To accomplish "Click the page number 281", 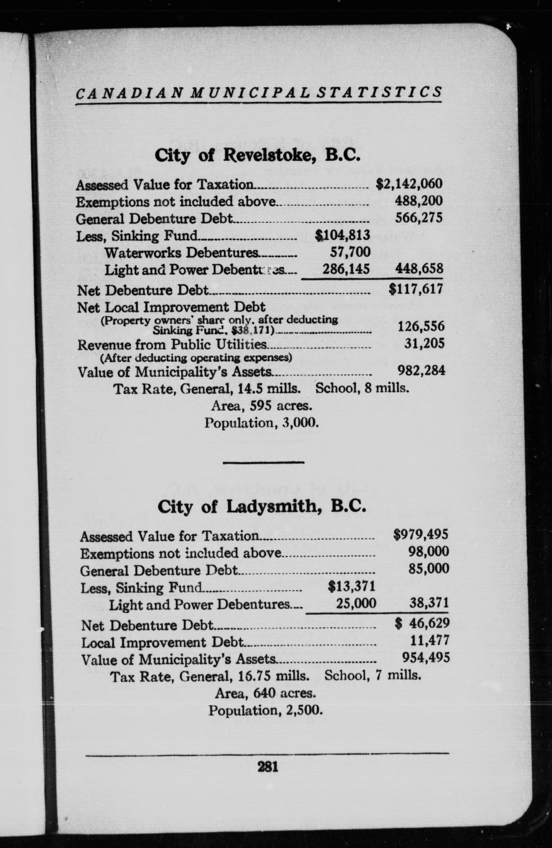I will (267, 766).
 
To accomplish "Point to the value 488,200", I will (419, 201).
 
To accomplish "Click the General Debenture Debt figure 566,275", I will (419, 218).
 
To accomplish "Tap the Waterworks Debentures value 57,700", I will (350, 252).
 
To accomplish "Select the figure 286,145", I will (346, 269).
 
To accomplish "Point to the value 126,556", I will (421, 326).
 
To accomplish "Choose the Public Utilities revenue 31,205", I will (424, 343).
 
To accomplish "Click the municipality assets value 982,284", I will (421, 371).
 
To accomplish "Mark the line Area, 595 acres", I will (262, 405).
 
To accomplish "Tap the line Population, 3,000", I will (261, 423).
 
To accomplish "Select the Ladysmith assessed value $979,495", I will (421, 535).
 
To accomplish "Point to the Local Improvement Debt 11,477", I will (430, 641).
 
